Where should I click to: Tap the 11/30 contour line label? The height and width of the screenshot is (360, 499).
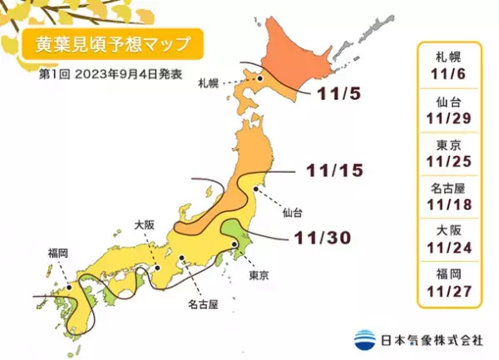click(319, 238)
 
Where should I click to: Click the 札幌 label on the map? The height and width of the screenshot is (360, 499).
click(208, 85)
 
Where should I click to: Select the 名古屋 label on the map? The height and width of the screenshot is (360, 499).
click(203, 305)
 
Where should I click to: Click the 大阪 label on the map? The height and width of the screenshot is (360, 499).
click(144, 224)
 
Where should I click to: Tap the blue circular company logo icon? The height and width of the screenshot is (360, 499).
click(364, 338)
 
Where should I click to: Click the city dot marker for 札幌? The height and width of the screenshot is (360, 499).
click(259, 79)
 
